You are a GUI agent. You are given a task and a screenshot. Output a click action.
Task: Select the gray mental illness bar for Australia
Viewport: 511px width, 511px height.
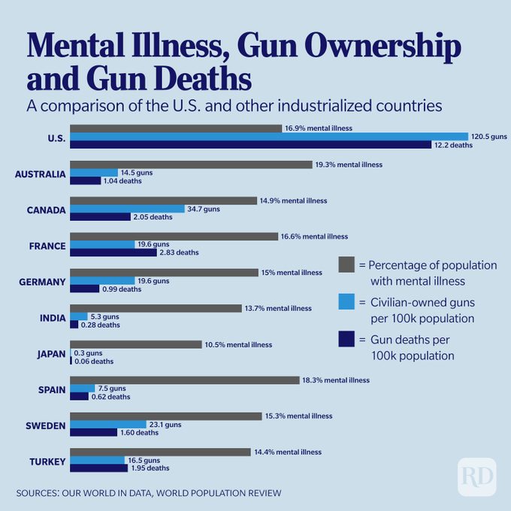click(x=190, y=164)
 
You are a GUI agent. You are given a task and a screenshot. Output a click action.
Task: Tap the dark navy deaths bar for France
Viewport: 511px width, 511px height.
click(x=113, y=252)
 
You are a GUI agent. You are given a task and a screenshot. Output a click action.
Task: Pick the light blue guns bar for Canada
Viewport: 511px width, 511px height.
click(x=127, y=209)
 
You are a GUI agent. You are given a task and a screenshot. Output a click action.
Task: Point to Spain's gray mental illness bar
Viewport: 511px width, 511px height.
click(x=184, y=380)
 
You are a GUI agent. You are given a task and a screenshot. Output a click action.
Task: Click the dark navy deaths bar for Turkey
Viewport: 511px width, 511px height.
click(x=98, y=468)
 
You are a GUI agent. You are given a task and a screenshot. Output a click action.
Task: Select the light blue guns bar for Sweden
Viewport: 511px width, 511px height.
click(x=107, y=425)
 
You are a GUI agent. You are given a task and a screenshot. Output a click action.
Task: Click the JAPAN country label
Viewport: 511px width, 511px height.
click(x=51, y=353)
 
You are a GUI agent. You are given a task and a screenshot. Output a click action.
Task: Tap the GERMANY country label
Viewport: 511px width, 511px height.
click(x=41, y=281)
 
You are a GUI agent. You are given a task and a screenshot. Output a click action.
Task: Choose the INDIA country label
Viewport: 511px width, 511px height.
click(x=53, y=317)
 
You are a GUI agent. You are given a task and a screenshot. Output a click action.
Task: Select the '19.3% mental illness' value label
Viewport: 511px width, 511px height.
click(x=349, y=164)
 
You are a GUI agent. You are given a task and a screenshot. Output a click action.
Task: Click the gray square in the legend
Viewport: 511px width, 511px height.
click(x=346, y=265)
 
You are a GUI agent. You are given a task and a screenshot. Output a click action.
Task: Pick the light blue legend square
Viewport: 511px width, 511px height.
click(x=346, y=301)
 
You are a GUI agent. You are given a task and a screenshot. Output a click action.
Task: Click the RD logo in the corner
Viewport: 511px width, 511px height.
click(x=476, y=476)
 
